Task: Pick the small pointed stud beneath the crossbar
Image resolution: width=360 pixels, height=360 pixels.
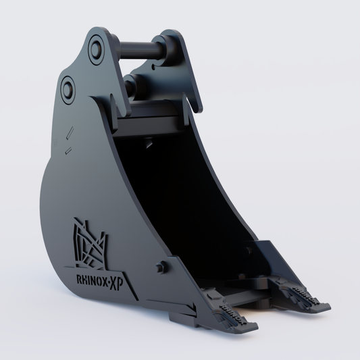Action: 147,141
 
